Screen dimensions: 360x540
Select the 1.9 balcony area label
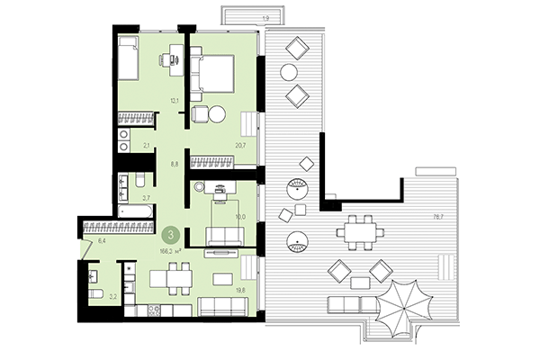point(240,18)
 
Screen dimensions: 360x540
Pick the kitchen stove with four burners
point(152,311)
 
